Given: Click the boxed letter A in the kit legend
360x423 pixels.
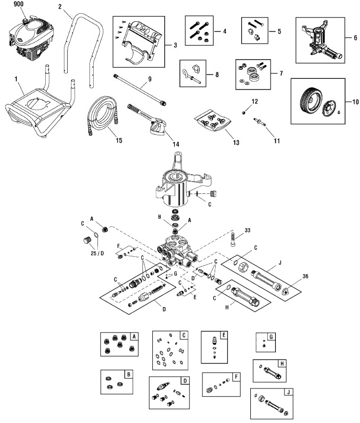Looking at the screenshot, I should click(x=134, y=336).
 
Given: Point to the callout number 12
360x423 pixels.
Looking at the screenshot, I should click(x=255, y=101).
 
